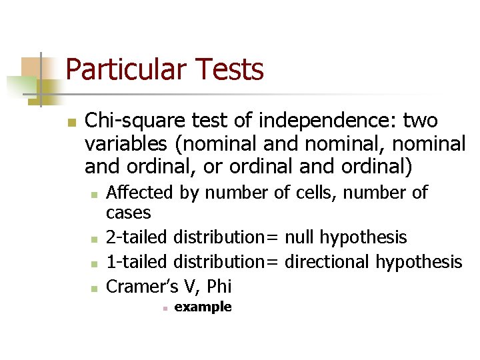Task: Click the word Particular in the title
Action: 123,69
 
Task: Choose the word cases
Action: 129,213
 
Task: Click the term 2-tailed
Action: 137,237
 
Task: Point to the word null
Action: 301,237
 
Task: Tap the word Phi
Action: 219,287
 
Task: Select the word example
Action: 203,307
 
